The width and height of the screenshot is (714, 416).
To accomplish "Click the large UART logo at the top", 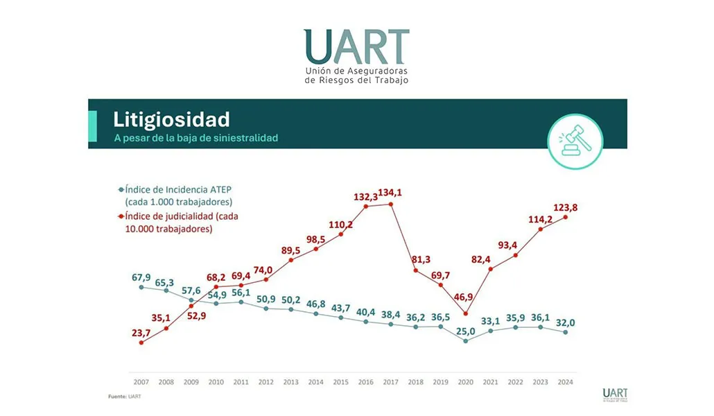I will click(356, 55).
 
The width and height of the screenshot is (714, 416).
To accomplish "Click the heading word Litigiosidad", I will click(171, 119).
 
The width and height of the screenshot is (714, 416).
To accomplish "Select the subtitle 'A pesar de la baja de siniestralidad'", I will click(196, 138).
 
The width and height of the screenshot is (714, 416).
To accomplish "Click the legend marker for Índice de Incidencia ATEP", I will click(121, 189).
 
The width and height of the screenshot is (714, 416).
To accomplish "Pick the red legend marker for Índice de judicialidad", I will click(121, 216).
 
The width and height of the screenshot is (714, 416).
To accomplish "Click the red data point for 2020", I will click(466, 313).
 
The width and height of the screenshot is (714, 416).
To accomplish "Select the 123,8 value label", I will click(567, 206).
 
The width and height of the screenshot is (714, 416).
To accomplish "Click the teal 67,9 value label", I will click(141, 276).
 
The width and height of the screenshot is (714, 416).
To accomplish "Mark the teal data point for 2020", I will click(466, 340).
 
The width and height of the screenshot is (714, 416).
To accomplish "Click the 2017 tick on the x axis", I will click(391, 381).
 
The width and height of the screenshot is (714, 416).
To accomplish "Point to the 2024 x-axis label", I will click(566, 381).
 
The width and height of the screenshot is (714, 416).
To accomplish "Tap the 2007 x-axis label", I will click(141, 381).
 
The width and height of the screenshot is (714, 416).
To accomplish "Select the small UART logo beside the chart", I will click(616, 395).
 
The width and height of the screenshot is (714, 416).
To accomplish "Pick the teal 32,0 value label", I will click(566, 322).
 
